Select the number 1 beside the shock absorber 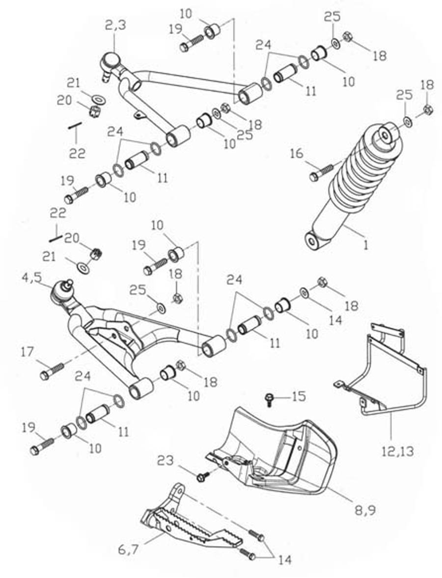365,244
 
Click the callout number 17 28,351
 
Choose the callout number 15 298,395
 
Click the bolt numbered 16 322,172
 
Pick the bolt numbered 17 51,371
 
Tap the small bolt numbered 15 269,398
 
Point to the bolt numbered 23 202,476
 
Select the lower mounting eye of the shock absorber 311,241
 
